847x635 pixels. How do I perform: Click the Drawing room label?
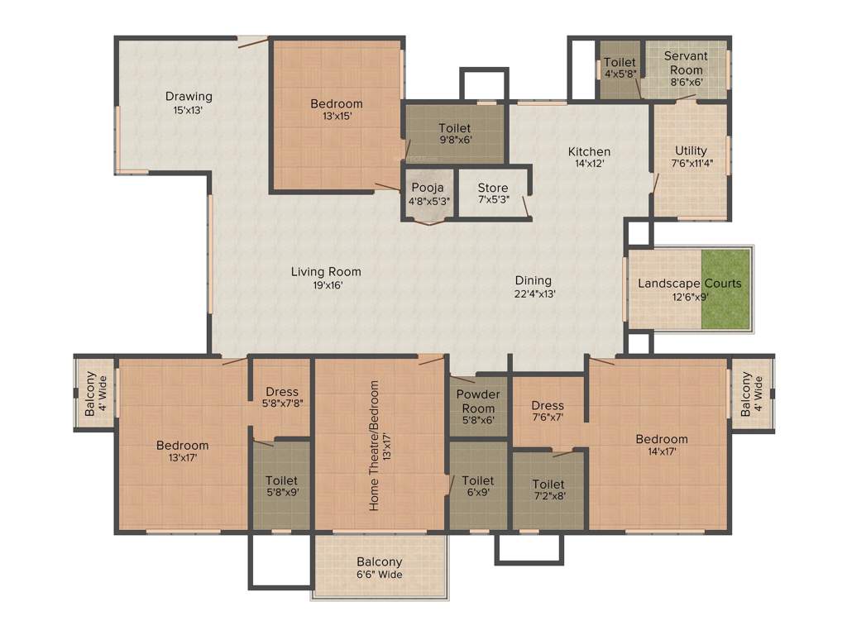tap(189, 96)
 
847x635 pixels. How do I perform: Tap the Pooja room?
tap(428, 193)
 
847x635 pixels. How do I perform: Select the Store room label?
tap(493, 189)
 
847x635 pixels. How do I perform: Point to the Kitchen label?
tap(589, 151)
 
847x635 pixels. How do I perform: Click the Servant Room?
tap(686, 69)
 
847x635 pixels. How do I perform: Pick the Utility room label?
tap(691, 150)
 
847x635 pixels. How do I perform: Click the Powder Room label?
tap(478, 401)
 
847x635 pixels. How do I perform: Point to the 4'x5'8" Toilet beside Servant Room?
tap(620, 68)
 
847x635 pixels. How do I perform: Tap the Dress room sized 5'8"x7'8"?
tap(281, 398)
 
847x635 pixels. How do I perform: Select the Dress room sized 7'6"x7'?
tap(548, 411)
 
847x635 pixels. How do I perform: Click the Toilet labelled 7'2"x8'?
tap(548, 490)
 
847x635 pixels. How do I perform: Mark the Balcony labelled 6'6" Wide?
tap(380, 568)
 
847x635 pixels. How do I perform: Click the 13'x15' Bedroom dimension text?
tap(337, 117)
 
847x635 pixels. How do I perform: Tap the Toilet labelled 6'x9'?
tap(478, 486)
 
